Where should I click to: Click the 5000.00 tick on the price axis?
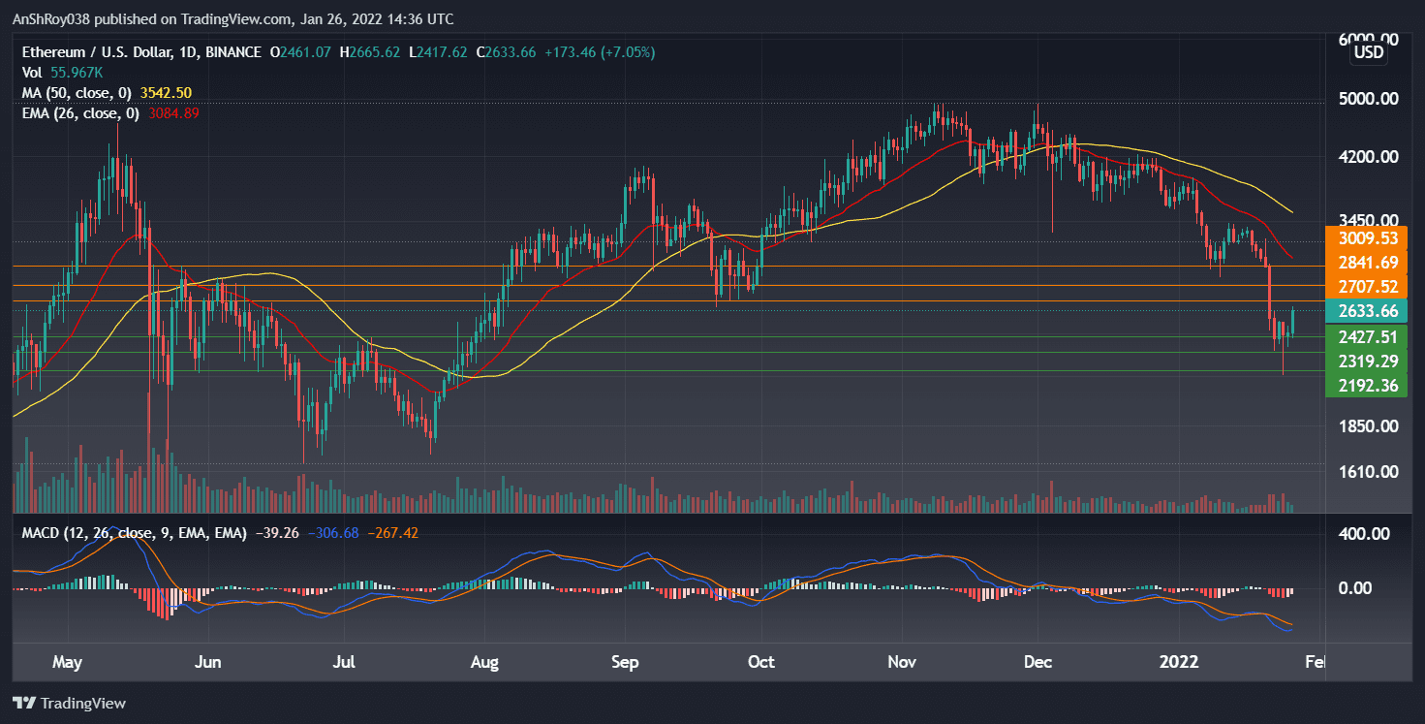[x=1367, y=99]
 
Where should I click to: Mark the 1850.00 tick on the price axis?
[x=1367, y=426]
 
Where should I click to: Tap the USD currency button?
[x=1368, y=52]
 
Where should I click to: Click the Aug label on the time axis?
[x=483, y=662]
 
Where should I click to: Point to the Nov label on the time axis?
[x=902, y=662]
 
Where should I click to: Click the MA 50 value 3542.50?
[x=166, y=93]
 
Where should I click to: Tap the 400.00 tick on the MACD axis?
[x=1367, y=534]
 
